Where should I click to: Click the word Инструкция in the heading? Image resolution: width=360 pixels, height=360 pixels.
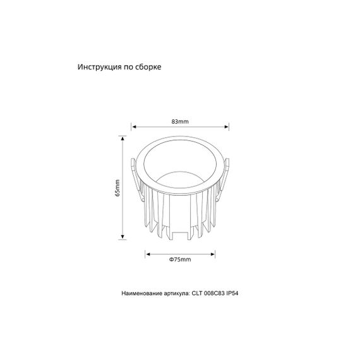click(x=99, y=66)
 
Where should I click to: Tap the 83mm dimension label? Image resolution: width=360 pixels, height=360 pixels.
click(x=180, y=121)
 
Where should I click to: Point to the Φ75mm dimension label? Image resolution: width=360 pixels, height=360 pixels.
click(x=181, y=260)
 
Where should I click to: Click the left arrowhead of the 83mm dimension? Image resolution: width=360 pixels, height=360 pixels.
click(x=132, y=126)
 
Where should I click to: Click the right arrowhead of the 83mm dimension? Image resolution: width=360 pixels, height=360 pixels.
click(x=227, y=126)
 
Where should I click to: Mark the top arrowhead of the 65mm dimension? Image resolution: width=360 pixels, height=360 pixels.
click(x=122, y=138)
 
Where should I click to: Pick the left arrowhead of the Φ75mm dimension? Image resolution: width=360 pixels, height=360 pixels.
click(x=148, y=253)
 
